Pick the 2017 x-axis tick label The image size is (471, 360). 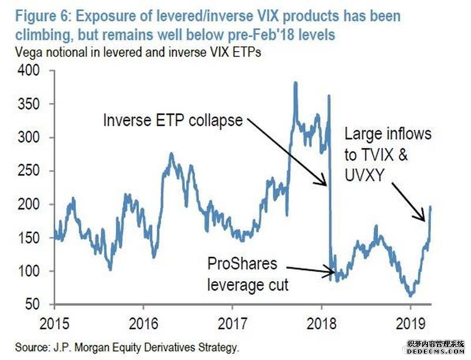232,324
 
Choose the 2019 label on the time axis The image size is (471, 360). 410,324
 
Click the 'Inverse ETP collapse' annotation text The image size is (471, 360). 173,121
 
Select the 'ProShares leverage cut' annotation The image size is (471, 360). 248,274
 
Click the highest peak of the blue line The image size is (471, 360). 295,83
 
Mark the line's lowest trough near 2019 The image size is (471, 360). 410,295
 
